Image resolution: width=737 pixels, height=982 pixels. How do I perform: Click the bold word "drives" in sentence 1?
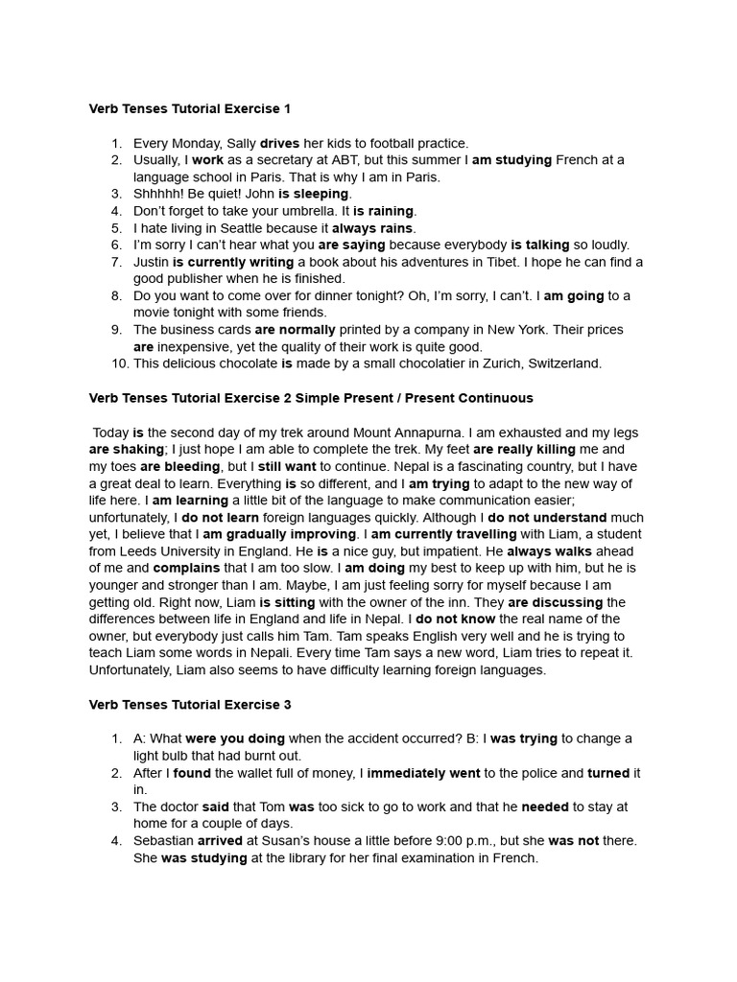click(x=279, y=143)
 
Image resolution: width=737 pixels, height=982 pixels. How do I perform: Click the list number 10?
click(x=120, y=363)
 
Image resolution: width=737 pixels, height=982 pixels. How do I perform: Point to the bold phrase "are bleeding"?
click(x=180, y=466)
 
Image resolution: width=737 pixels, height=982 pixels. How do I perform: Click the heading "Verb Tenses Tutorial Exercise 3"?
click(x=190, y=705)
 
